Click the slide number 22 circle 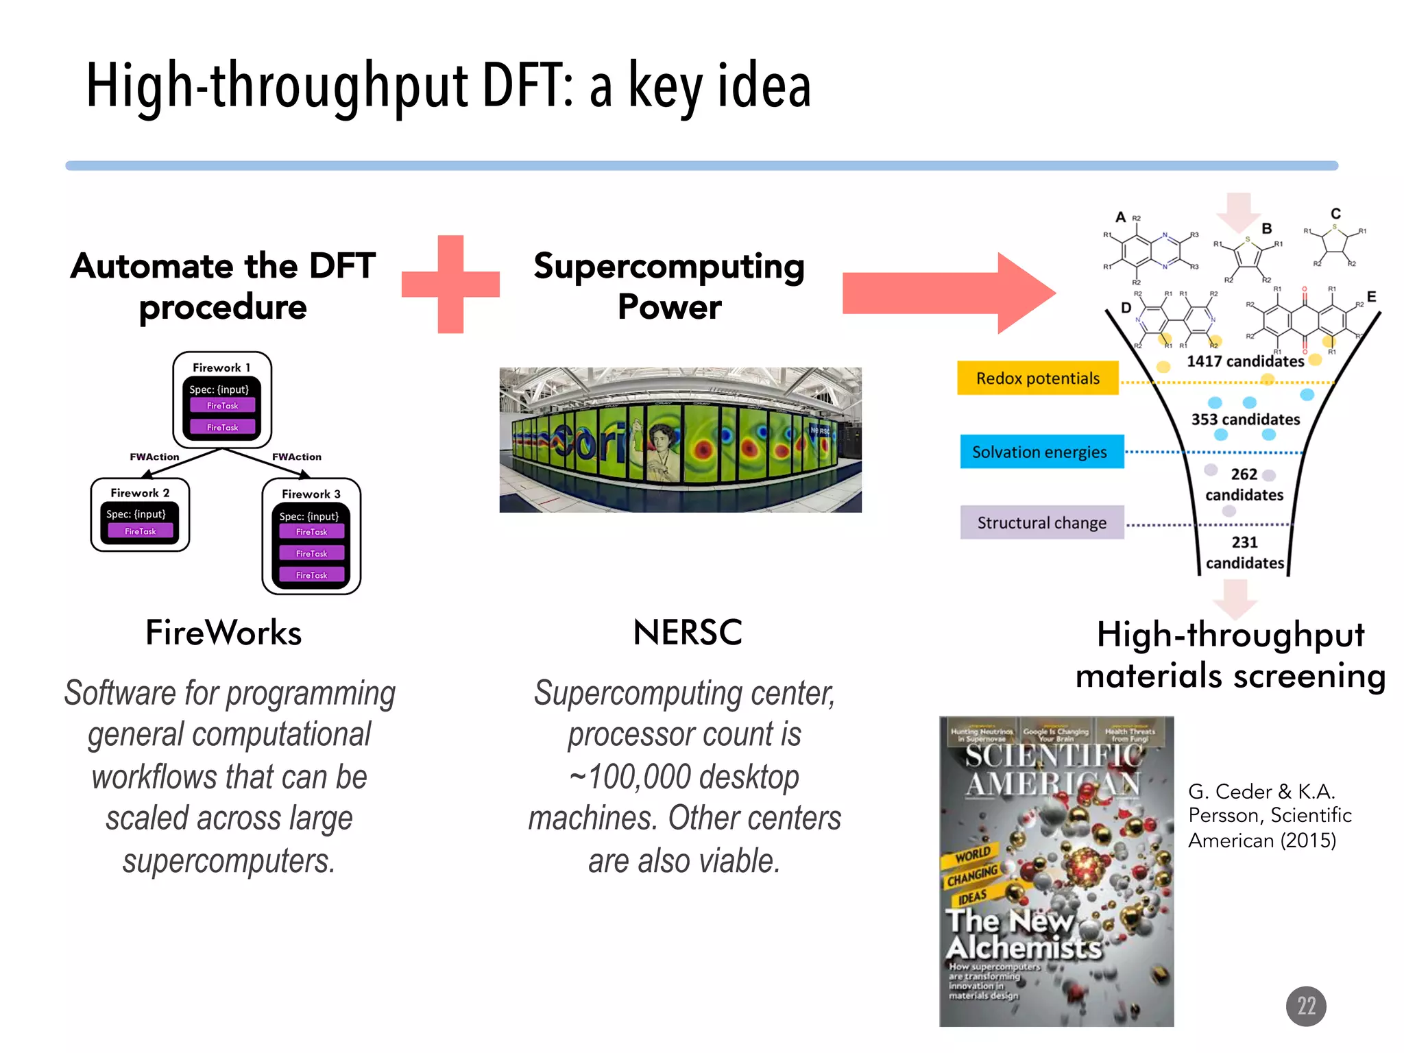tap(1305, 1006)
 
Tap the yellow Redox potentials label tap(1037, 378)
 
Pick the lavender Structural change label tap(1041, 523)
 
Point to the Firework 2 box tap(140, 515)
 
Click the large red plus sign tap(450, 285)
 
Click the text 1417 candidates tap(1244, 361)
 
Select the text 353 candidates tap(1245, 420)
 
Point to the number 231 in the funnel tap(1244, 542)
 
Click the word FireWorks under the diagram tap(223, 632)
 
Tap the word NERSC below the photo tap(687, 632)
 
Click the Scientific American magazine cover tap(1056, 871)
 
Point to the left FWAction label tap(154, 457)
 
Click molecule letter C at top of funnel tap(1335, 213)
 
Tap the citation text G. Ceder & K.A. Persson tap(1268, 815)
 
